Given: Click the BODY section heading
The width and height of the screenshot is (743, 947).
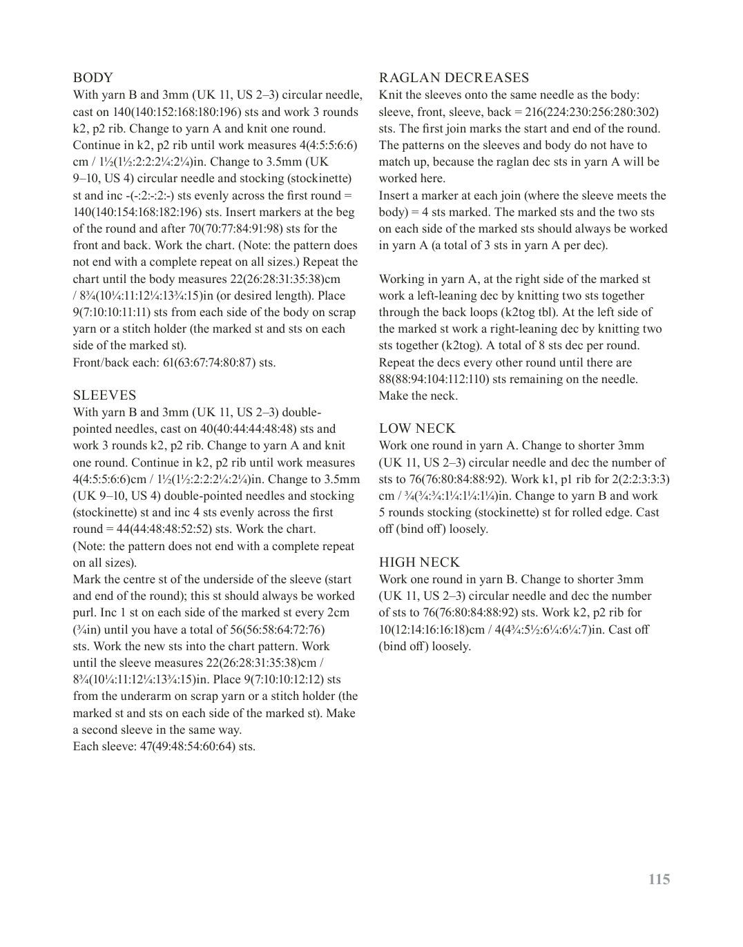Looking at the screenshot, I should coord(93,78).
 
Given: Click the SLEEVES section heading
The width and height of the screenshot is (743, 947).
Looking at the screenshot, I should coord(105,396).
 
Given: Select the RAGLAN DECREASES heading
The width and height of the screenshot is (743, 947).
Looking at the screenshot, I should coord(454,78).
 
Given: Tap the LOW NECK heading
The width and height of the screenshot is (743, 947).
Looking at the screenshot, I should coord(417,429).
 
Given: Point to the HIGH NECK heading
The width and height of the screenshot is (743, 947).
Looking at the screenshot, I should coord(419,563).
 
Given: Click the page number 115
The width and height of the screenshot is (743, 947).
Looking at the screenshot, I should coord(659,879).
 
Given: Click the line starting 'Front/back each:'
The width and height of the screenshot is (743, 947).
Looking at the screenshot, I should coord(174,362).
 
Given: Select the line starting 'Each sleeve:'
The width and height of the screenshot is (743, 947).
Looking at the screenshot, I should coord(164,746).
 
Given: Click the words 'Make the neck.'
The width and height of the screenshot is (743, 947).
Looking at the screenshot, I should coord(418,396).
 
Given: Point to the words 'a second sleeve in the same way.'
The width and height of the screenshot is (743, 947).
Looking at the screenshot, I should coord(157,730).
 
